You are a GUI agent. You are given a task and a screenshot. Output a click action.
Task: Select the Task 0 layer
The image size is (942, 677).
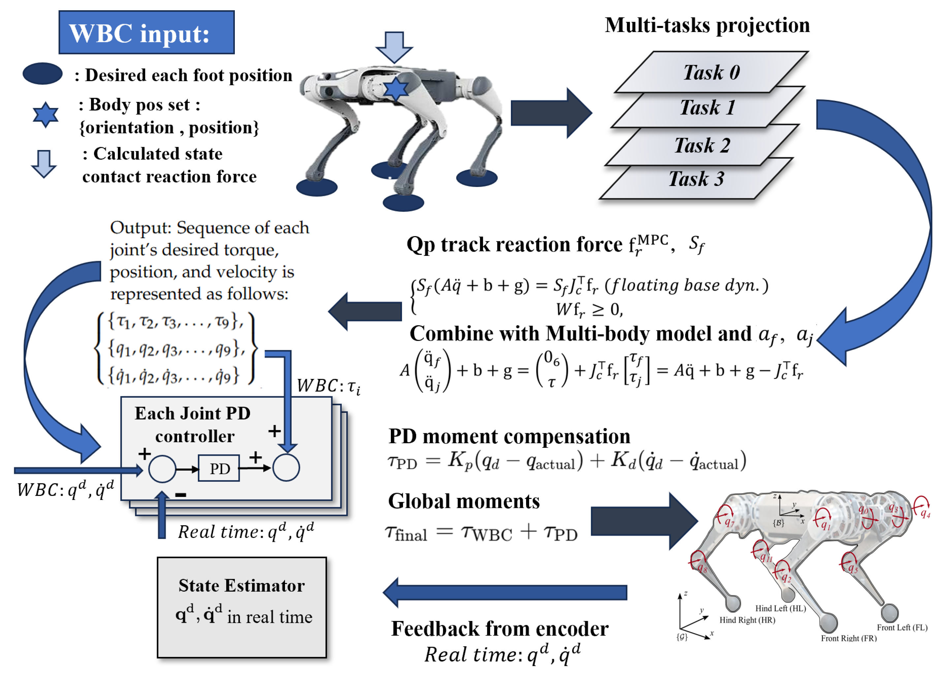click(x=711, y=72)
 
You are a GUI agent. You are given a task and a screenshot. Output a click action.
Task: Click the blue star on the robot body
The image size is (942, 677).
click(x=395, y=88)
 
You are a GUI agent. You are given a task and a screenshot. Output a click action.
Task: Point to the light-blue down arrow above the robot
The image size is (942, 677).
click(x=394, y=46)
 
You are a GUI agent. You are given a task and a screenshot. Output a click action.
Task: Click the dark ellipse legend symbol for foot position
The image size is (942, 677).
click(x=42, y=74)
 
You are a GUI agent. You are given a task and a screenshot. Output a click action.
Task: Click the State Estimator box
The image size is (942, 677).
click(x=242, y=607)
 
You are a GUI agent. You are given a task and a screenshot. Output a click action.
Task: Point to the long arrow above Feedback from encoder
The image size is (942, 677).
click(x=505, y=592)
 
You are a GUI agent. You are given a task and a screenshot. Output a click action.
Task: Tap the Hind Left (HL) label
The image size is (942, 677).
click(x=780, y=608)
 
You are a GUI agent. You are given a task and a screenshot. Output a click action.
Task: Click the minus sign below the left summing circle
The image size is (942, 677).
click(x=181, y=495)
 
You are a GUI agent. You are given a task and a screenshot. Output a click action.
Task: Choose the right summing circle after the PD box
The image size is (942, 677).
click(x=286, y=468)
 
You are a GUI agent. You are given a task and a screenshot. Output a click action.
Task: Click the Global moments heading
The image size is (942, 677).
click(x=463, y=501)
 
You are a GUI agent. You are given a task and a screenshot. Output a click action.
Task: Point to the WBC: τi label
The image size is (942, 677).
click(x=328, y=386)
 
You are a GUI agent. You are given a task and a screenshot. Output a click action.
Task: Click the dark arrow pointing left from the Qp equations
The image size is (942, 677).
click(x=365, y=311)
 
